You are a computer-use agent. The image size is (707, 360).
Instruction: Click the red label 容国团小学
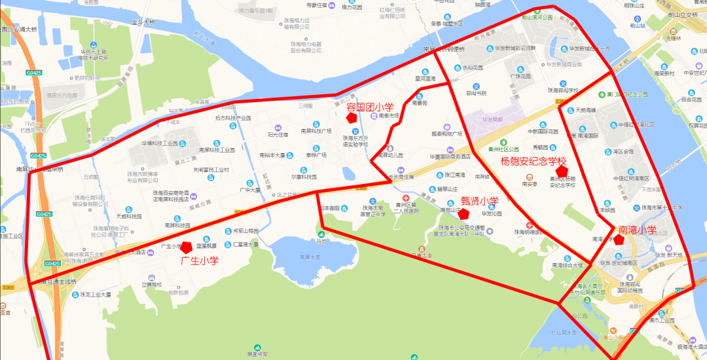pos(370,107)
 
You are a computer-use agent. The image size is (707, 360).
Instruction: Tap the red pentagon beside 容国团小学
pos(352,118)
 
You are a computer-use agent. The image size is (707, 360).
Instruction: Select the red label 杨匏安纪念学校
pos(533,161)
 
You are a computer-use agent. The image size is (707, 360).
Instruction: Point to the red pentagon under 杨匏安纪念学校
pos(560,171)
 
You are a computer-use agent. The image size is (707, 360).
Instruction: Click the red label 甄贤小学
pos(480,201)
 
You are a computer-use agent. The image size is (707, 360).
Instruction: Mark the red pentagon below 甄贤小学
pos(463,213)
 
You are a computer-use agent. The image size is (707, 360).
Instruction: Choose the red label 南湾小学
pos(638,230)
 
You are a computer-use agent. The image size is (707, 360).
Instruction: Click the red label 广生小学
pos(199,261)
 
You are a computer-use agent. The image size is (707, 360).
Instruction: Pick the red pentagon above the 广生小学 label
pos(187,247)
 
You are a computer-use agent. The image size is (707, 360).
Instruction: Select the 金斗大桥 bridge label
pos(143,22)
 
